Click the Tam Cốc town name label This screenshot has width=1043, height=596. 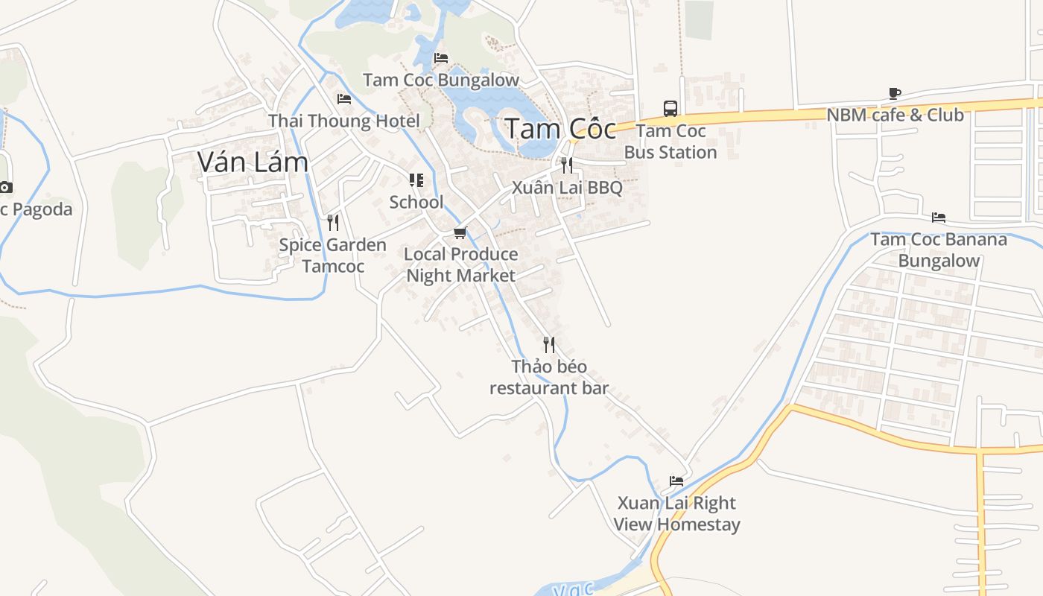560,129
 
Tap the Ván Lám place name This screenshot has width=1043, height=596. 253,162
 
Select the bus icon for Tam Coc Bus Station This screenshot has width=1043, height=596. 670,109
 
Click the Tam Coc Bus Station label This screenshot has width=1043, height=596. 670,142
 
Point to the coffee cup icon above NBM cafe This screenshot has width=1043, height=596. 895,94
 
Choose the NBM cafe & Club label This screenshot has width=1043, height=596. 895,115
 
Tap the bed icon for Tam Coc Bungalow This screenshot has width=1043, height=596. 441,58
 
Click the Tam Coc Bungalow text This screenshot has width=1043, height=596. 441,80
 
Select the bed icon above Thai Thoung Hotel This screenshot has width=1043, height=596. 343,98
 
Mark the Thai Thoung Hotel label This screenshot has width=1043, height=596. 343,121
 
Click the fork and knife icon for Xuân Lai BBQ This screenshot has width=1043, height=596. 567,165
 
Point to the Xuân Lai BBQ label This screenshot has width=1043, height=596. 567,187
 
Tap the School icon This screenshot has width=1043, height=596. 416,180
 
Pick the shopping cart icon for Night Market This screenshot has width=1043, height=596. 460,232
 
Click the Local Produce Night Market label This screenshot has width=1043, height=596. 460,264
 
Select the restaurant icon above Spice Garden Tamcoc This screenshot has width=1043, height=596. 333,222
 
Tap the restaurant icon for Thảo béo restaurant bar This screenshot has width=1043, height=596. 549,344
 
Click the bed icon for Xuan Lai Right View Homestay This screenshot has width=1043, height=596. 676,481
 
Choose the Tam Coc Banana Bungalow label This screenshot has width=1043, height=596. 939,250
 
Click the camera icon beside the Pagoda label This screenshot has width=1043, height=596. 5,187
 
